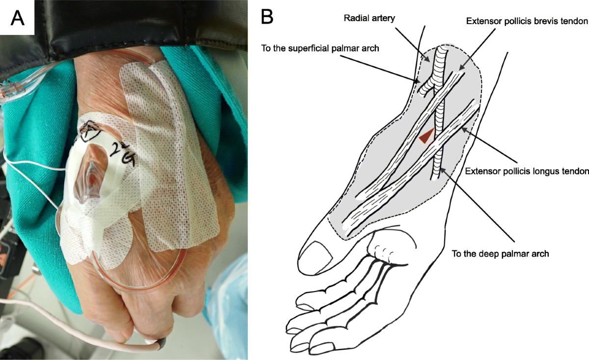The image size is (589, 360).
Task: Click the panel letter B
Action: coord(267,17)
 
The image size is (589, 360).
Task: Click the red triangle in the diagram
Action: coord(427,136)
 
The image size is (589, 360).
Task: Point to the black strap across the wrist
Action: coord(123,29)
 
